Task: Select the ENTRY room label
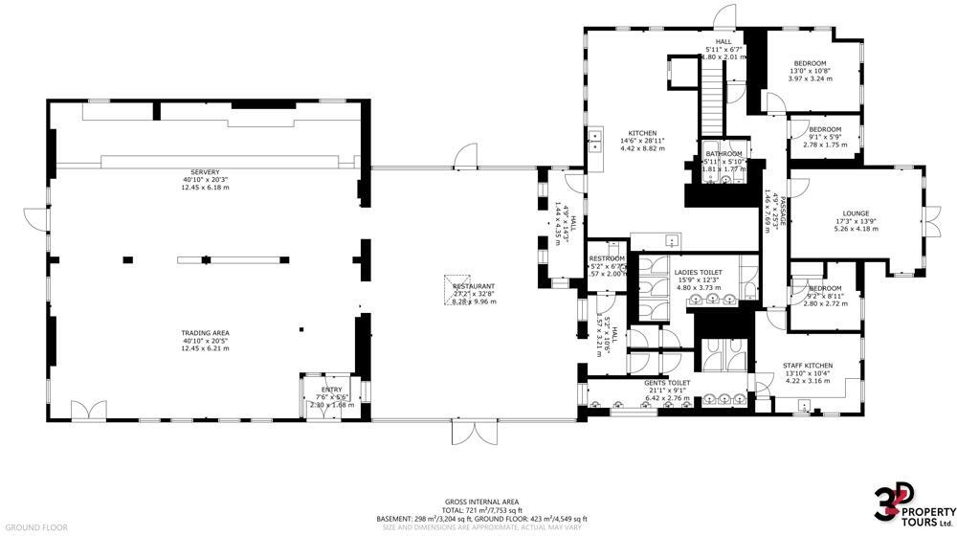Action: pos(331,390)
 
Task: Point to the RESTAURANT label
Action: pos(474,286)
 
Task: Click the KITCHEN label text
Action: pos(641,132)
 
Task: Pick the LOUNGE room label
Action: pos(856,213)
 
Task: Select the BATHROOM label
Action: pos(723,154)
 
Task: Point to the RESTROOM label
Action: pos(607,258)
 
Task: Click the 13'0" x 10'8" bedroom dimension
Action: pos(809,71)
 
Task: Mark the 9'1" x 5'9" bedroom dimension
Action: pos(824,136)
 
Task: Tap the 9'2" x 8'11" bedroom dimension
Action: pos(824,296)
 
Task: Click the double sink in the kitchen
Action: pos(595,142)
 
